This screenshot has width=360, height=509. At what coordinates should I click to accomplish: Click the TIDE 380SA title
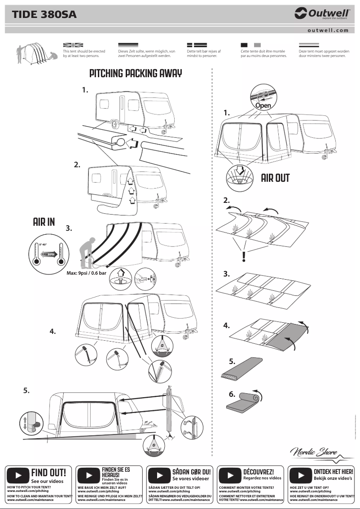click(x=44, y=15)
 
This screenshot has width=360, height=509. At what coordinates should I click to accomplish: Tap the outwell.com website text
click(x=328, y=31)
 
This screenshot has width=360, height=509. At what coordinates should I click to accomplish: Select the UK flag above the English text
click(x=73, y=45)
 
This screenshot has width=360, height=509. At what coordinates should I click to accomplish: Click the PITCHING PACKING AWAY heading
click(x=136, y=74)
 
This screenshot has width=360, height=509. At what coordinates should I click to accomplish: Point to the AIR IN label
click(x=44, y=222)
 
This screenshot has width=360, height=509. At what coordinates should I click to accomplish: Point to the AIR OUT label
click(x=275, y=178)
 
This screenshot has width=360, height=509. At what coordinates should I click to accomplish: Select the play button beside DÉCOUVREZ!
click(x=231, y=475)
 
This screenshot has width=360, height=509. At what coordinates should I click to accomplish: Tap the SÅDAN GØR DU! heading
click(x=191, y=472)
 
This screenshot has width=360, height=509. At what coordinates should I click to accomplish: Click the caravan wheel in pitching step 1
click(x=114, y=122)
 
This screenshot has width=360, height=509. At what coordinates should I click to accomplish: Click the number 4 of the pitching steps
click(x=53, y=331)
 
